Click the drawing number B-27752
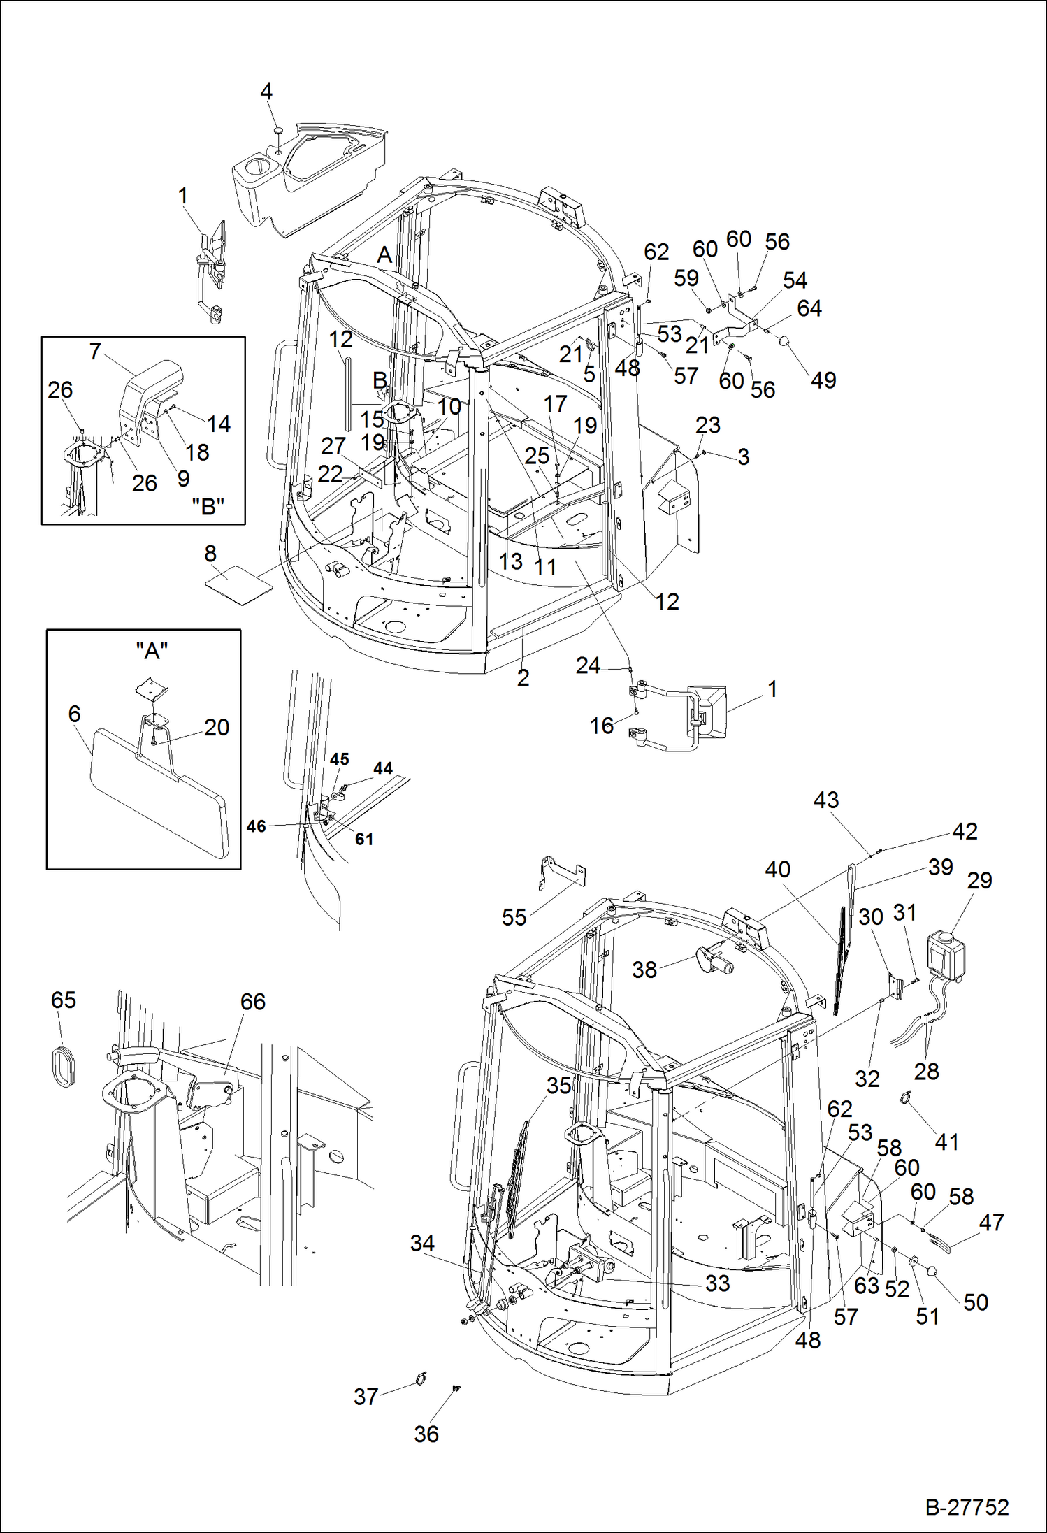click(x=967, y=1507)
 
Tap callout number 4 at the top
click(x=266, y=92)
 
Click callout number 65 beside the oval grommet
click(x=64, y=1000)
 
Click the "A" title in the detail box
click(x=152, y=651)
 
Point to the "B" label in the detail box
click(x=208, y=506)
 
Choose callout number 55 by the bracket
click(x=514, y=917)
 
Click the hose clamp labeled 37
click(x=419, y=1379)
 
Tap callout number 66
click(x=252, y=1002)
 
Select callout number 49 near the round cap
click(x=823, y=380)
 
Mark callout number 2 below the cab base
click(x=523, y=677)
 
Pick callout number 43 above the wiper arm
click(x=826, y=800)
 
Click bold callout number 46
click(x=257, y=826)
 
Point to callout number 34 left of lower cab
click(x=422, y=1243)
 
